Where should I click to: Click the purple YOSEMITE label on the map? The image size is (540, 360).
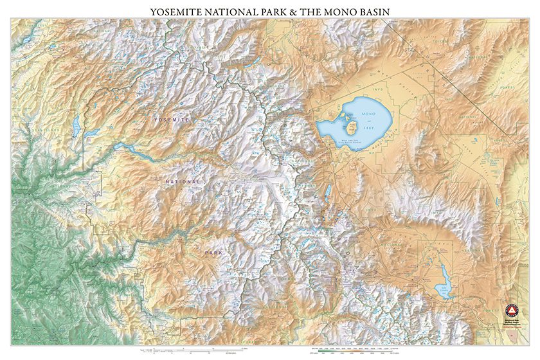tap(172, 120)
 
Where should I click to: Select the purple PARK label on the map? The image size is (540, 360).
tap(213, 253)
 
